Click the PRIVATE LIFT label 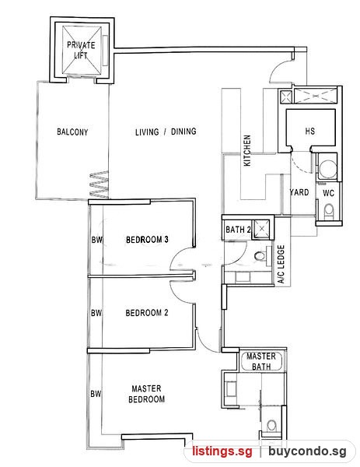point(81,50)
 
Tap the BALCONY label point(72,132)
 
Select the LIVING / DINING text point(166,132)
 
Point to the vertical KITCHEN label point(247,150)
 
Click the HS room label point(309,131)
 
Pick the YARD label point(299,192)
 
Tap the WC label point(328,193)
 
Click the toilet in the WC point(329,212)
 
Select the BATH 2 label point(238,230)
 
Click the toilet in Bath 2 point(260,256)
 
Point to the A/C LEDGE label point(281,264)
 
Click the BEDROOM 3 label point(147,240)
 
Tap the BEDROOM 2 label point(147,313)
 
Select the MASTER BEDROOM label point(146,394)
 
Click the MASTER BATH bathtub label point(261,361)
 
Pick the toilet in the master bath point(271,425)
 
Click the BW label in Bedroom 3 point(96,240)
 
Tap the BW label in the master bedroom point(96,394)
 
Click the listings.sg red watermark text point(222,451)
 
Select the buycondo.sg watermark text point(307,451)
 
